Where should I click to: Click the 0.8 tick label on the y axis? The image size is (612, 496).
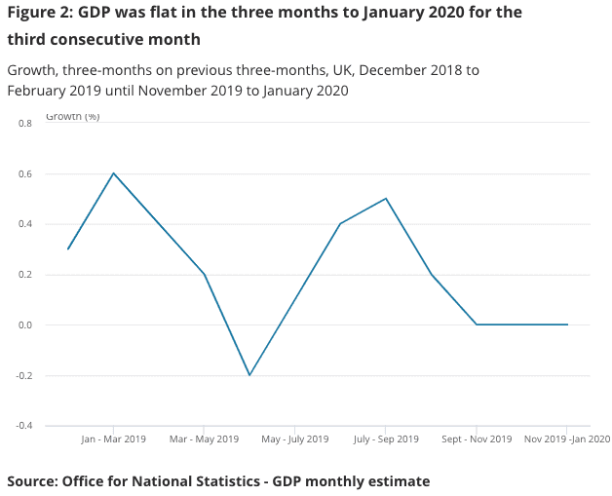(24, 124)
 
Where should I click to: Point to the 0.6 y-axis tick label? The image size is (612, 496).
(24, 174)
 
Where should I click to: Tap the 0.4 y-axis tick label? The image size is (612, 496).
(24, 224)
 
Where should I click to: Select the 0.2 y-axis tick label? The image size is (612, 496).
(24, 275)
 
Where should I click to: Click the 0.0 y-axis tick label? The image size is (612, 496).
(24, 325)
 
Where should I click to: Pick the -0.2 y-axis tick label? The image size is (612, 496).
(23, 375)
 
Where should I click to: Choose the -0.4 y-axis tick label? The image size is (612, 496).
(23, 426)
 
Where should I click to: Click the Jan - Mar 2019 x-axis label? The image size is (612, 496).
(113, 439)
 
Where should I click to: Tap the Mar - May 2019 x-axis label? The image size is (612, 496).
(204, 439)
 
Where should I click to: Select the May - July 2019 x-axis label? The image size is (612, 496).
(294, 439)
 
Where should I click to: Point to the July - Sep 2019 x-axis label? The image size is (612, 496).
(386, 439)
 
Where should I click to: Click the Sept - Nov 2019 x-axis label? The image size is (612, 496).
(477, 439)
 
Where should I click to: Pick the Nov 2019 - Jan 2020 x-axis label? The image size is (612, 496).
(566, 439)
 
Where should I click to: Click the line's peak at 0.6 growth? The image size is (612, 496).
(113, 173)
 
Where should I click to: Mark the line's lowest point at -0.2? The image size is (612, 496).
(249, 375)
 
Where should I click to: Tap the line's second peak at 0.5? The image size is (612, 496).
(386, 199)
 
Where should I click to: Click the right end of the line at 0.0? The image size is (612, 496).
(567, 324)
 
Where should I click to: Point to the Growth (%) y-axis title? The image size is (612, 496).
(72, 117)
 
